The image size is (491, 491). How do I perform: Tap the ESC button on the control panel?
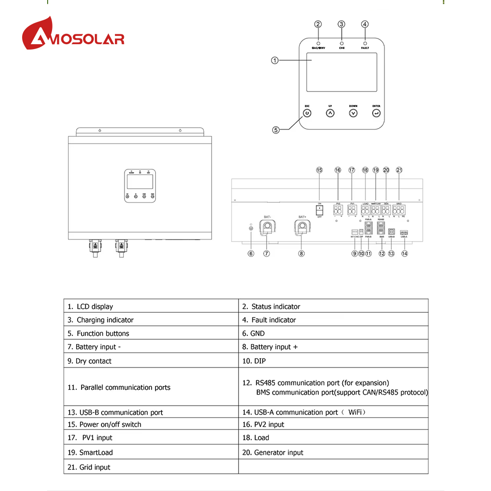pyautogui.click(x=307, y=113)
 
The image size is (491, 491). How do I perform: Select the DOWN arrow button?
pyautogui.click(x=353, y=113)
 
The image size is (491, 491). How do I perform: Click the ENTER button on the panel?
pyautogui.click(x=376, y=113)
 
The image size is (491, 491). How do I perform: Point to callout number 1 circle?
pyautogui.click(x=275, y=60)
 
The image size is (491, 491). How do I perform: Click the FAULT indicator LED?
pyautogui.click(x=365, y=43)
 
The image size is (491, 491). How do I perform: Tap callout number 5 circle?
pyautogui.click(x=276, y=130)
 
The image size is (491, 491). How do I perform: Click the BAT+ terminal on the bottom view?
pyautogui.click(x=301, y=227)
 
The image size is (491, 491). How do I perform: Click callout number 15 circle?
pyautogui.click(x=319, y=170)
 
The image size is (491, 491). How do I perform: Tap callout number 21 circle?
pyautogui.click(x=399, y=170)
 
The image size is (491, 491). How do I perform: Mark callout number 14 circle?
pyautogui.click(x=405, y=253)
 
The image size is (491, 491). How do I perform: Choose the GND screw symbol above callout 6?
pyautogui.click(x=251, y=228)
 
